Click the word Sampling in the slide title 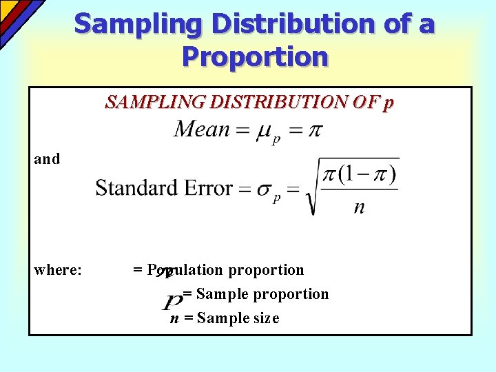[x=138, y=24]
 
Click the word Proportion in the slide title [x=255, y=56]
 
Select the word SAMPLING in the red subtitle [x=145, y=103]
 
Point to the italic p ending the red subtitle [x=389, y=104]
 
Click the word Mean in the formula [x=201, y=129]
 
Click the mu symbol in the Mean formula [x=263, y=131]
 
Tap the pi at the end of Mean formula [x=314, y=130]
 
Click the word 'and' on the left [x=47, y=159]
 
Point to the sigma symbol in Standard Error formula [x=263, y=190]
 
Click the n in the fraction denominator [x=359, y=207]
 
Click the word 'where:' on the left [x=58, y=270]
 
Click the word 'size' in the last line [x=265, y=318]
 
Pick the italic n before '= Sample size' [x=174, y=318]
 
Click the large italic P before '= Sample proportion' [x=173, y=301]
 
